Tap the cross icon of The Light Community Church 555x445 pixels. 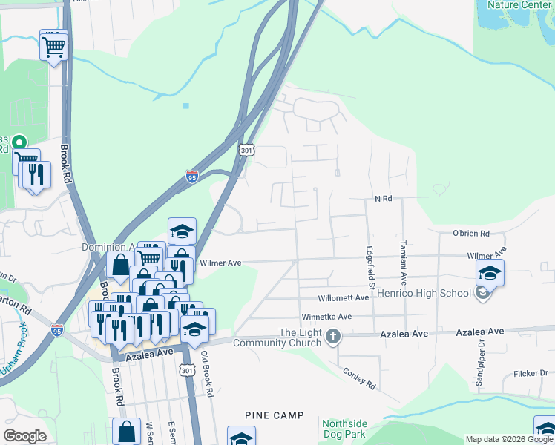tap(333, 337)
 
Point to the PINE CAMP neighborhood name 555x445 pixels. tap(275, 415)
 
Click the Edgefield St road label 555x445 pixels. tap(368, 268)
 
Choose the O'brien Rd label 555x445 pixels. tap(471, 234)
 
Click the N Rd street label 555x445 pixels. tap(383, 199)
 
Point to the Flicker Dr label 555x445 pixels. tap(530, 374)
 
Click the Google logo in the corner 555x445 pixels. tap(24, 436)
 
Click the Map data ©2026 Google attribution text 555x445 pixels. tap(509, 439)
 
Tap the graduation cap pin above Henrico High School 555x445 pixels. tap(490, 273)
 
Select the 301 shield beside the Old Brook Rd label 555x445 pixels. tap(186, 369)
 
